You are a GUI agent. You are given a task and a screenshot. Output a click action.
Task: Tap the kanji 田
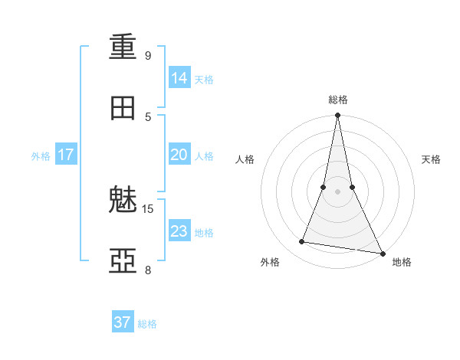123,108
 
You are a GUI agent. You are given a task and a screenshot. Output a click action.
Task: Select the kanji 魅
123,201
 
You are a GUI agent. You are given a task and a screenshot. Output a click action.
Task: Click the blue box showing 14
179,78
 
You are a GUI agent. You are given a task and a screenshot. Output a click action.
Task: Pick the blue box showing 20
179,155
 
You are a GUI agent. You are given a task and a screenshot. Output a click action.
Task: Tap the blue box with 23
179,231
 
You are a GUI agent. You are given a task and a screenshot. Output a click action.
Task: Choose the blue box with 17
66,155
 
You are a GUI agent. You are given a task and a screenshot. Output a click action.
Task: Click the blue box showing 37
123,322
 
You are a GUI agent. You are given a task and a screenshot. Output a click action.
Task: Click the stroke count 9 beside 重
148,55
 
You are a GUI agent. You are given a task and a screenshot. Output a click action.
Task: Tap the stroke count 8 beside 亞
148,270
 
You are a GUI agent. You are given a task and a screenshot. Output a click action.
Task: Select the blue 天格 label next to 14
204,80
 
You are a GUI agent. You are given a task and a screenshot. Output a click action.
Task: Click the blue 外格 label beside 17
41,156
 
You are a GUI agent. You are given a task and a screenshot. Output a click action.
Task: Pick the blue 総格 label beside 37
147,324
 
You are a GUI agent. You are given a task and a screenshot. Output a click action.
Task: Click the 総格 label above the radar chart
338,100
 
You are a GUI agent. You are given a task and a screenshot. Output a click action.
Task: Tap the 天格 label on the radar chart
432,159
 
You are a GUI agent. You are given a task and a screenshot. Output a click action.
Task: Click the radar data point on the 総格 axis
337,116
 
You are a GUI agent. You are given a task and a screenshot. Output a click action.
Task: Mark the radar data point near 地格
382,253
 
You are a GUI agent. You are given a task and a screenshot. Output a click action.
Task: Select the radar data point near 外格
302,242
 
